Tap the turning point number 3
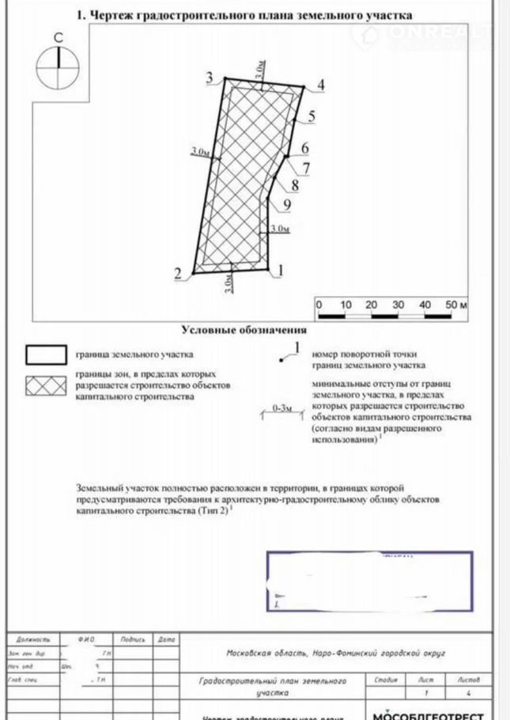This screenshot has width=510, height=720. click(210, 77)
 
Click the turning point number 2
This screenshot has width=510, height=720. click(178, 274)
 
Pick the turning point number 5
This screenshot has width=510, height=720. click(312, 116)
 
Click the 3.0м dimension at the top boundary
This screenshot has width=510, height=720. click(260, 69)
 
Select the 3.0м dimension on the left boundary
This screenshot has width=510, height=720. click(201, 150)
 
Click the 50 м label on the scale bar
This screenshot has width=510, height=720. click(457, 305)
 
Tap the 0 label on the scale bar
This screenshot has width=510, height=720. click(318, 305)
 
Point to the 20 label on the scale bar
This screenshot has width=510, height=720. click(372, 305)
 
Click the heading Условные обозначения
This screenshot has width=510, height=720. click(244, 330)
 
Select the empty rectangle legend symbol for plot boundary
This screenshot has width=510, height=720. click(46, 354)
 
